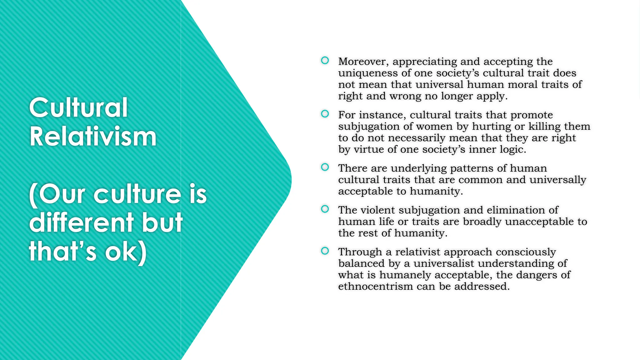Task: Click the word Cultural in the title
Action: (78, 107)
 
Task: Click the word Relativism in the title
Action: (93, 137)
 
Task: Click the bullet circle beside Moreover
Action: (325, 60)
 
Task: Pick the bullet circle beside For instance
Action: (325, 114)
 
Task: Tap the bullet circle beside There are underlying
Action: (325, 167)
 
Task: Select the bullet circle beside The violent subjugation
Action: (325, 209)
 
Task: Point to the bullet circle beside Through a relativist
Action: (325, 251)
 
